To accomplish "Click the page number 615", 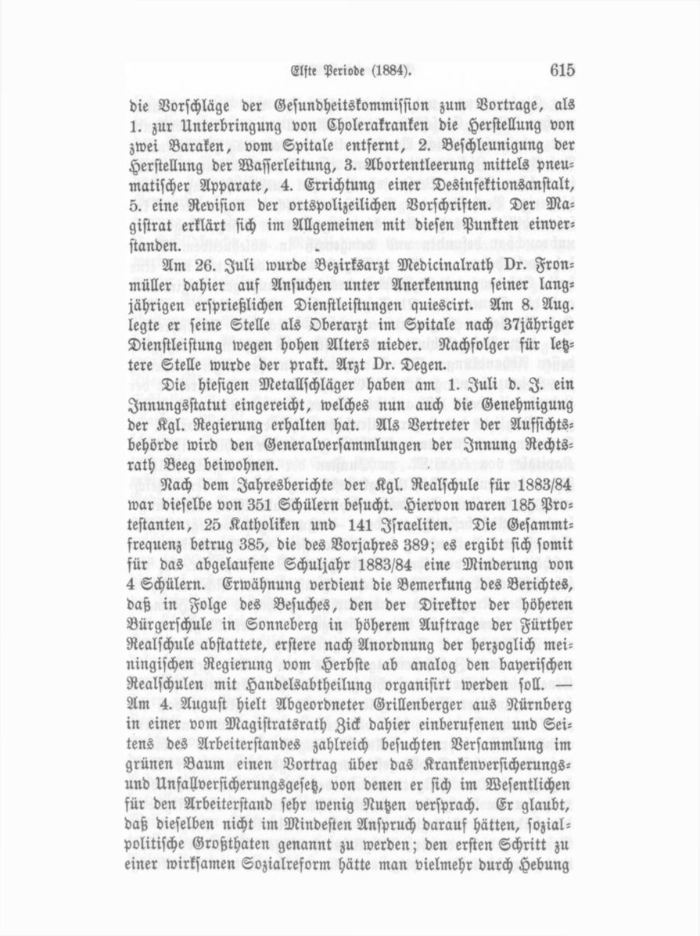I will (x=562, y=70).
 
